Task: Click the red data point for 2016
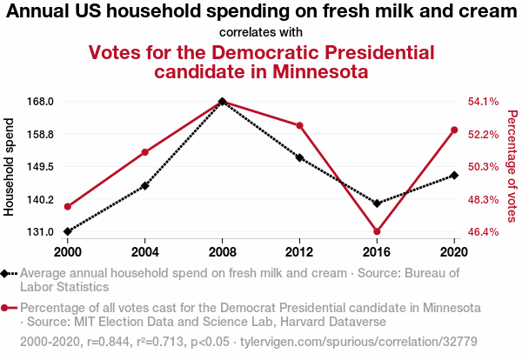click(x=377, y=231)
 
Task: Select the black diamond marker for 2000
click(x=68, y=231)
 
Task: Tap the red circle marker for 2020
click(x=454, y=130)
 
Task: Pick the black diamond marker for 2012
click(x=299, y=158)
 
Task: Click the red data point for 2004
click(x=144, y=152)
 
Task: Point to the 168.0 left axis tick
click(x=41, y=102)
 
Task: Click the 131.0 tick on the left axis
click(x=41, y=232)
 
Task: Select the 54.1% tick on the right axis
click(x=483, y=102)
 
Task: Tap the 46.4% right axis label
click(x=483, y=232)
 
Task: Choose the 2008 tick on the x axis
click(x=223, y=251)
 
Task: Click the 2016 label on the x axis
click(x=377, y=251)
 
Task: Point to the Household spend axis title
click(x=10, y=166)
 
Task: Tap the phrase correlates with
click(x=260, y=32)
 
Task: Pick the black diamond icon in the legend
click(x=7, y=273)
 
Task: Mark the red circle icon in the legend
click(x=7, y=308)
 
